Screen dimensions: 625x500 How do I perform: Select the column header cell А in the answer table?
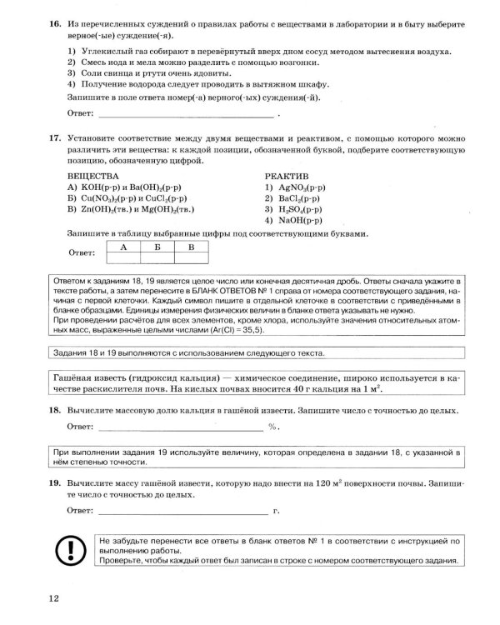point(123,247)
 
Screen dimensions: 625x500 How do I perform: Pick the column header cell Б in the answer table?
point(157,247)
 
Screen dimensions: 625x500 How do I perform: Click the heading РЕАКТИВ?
point(287,177)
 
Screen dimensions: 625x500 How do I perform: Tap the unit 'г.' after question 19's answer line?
point(275,509)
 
